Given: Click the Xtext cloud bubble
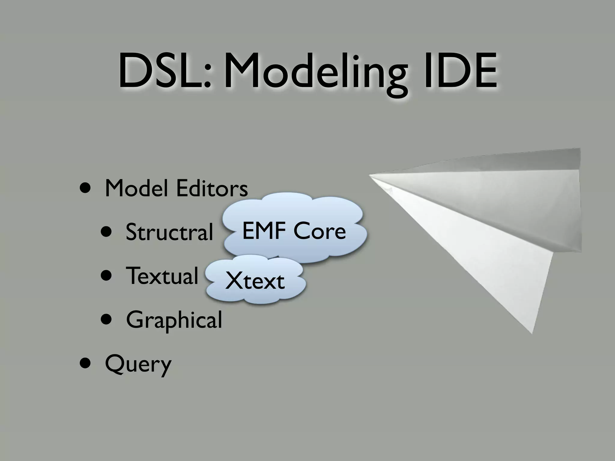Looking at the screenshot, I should point(255,281).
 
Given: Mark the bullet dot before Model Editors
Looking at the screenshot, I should point(86,189).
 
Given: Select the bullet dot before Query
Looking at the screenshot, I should point(86,363).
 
